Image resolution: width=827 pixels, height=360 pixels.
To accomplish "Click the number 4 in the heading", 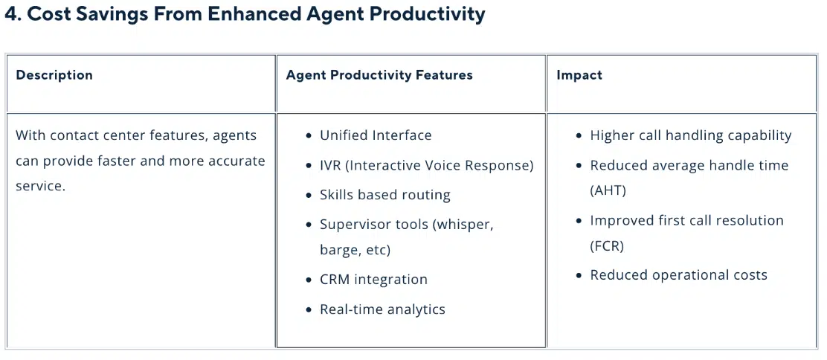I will pos(10,14).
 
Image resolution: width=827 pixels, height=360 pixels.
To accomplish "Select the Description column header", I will pos(54,75).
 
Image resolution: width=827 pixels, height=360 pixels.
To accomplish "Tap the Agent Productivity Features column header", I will pos(379,75).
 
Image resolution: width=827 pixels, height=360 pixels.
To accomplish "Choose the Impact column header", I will pos(579,75).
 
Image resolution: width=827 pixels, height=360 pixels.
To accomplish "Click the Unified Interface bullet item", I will pos(376,135).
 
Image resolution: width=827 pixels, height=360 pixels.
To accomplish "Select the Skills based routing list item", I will pos(385,195).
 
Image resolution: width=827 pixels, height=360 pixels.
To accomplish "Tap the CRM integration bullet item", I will pos(373,280).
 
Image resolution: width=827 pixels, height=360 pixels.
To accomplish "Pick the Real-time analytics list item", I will pos(382,309).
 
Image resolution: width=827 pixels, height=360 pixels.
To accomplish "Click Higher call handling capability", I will pos(690,135).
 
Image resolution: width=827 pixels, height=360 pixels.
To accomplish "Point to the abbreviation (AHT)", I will pos(608,190).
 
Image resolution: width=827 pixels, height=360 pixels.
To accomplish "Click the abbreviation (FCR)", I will pos(607,245).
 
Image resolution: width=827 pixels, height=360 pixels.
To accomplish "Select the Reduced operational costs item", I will pos(678,275).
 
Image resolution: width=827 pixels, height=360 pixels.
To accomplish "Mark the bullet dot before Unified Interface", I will pos(309,136).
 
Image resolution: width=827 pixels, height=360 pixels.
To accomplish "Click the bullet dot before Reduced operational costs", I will pos(579,276).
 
